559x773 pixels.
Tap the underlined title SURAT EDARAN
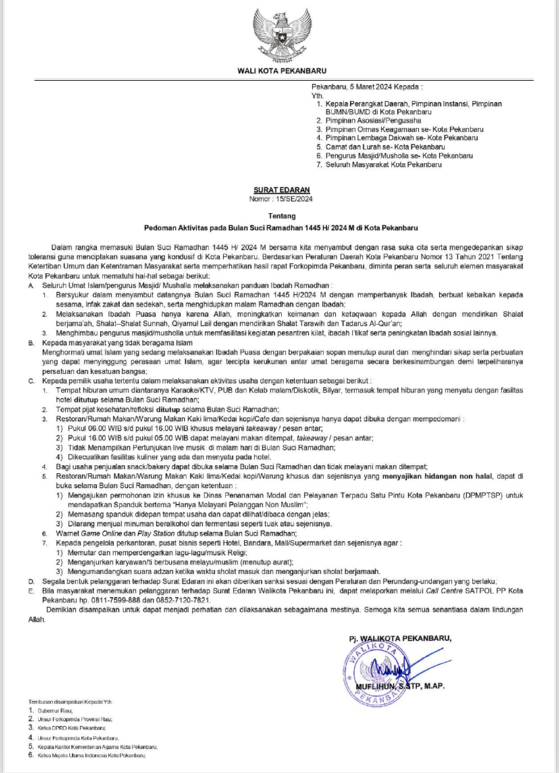tap(279, 191)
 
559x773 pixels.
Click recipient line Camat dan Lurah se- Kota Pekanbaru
tap(382, 146)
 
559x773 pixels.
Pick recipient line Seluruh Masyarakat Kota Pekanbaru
tap(384, 164)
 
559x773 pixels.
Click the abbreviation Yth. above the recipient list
tap(317, 97)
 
